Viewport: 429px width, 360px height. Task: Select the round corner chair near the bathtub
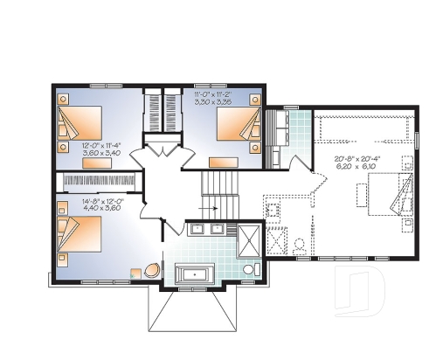click(151, 270)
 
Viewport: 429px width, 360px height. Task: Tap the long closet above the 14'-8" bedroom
click(98, 179)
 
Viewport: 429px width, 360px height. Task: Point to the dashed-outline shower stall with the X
click(278, 239)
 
